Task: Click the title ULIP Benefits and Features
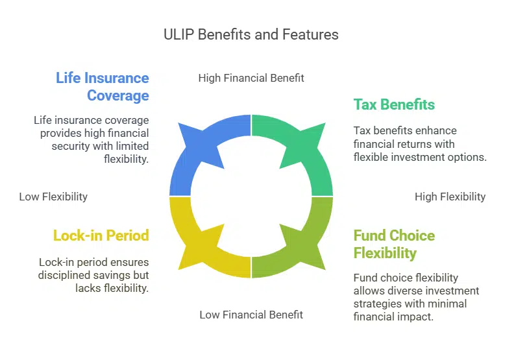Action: pyautogui.click(x=251, y=34)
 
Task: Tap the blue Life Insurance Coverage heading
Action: pyautogui.click(x=103, y=87)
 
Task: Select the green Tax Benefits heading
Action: pyautogui.click(x=393, y=104)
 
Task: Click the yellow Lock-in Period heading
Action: pyautogui.click(x=101, y=235)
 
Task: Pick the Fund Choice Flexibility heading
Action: pyautogui.click(x=393, y=244)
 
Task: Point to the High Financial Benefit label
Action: pyautogui.click(x=251, y=78)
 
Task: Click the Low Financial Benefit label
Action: pyautogui.click(x=251, y=315)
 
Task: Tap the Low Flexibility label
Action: pyautogui.click(x=53, y=197)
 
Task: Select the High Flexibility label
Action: pyautogui.click(x=450, y=197)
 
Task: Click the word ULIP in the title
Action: pyautogui.click(x=177, y=34)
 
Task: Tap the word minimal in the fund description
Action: pyautogui.click(x=447, y=303)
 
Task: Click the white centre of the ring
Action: pyautogui.click(x=251, y=196)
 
